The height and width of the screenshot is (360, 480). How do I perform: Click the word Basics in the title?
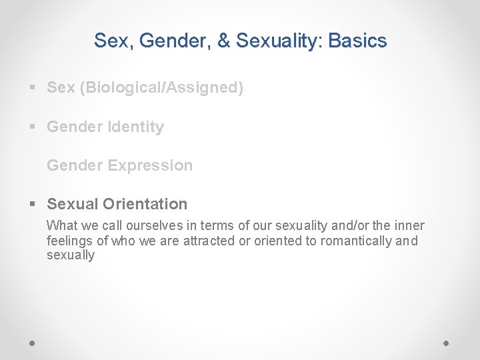357,41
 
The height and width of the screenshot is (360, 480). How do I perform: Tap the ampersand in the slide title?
223,41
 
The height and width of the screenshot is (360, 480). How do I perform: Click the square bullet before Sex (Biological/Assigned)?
33,88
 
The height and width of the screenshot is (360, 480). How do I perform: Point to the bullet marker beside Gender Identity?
33,127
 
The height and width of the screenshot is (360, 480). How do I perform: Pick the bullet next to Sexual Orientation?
33,204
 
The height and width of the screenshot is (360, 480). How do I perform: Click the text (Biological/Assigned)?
161,88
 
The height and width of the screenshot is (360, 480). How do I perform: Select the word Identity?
135,127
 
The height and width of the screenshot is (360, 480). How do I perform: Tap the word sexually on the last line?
71,255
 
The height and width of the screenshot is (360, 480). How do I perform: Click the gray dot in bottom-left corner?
33,343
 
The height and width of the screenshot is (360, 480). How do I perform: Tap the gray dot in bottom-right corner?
447,343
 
